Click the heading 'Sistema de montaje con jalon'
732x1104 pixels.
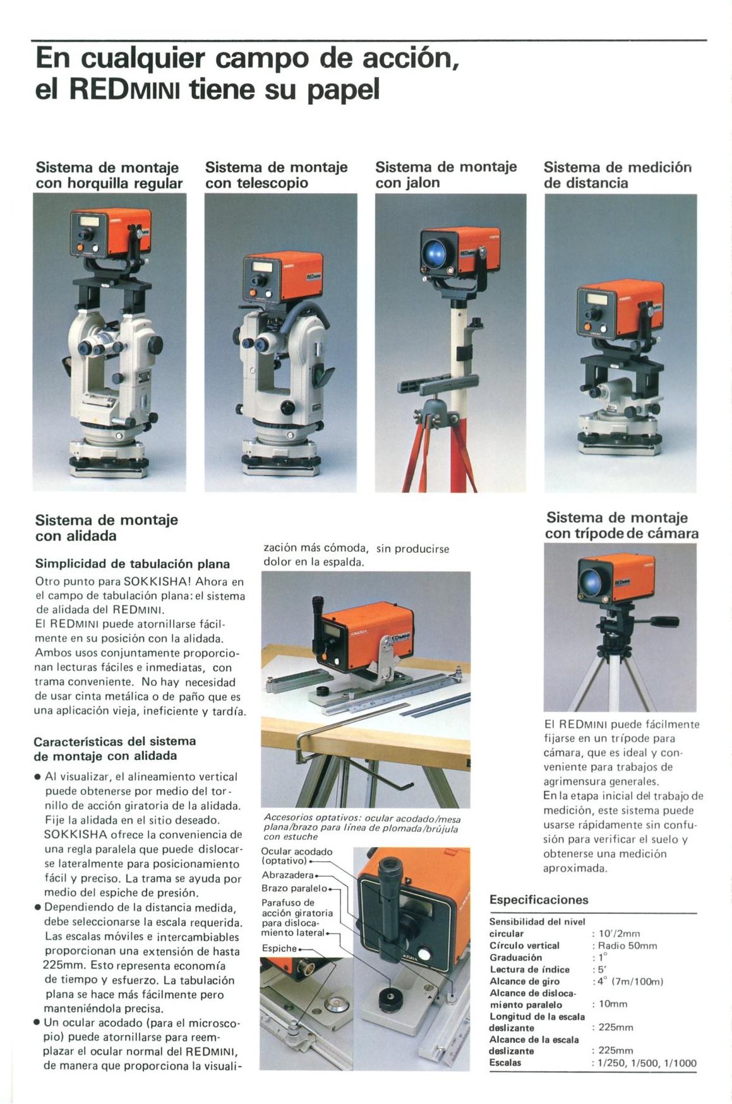pyautogui.click(x=446, y=174)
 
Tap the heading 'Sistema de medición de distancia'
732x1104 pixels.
pyautogui.click(x=618, y=175)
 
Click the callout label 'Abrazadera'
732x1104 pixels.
pyautogui.click(x=288, y=875)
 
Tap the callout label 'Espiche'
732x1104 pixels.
pyautogui.click(x=279, y=948)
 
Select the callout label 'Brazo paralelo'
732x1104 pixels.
pyautogui.click(x=294, y=888)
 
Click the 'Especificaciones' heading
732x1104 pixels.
pyautogui.click(x=539, y=900)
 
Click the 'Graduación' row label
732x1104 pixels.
pyautogui.click(x=515, y=958)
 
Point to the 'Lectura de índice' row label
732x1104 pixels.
pyautogui.click(x=529, y=970)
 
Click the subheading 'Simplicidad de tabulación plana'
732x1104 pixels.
pyautogui.click(x=133, y=564)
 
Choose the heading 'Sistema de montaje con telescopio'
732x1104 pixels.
pyautogui.click(x=276, y=175)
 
